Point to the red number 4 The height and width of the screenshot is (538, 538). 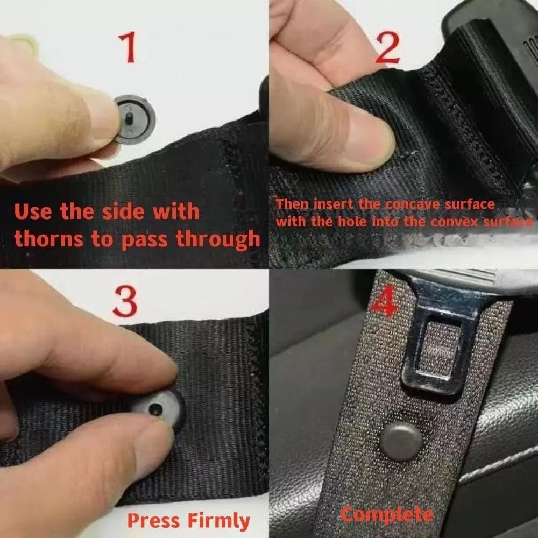tap(384, 303)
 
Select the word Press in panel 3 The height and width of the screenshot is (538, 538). tap(153, 521)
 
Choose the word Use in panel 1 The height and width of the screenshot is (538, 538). tap(34, 211)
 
